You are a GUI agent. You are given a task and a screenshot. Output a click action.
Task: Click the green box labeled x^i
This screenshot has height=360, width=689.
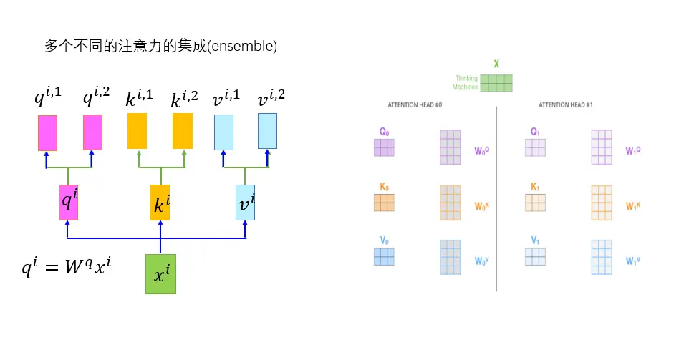[x=160, y=274]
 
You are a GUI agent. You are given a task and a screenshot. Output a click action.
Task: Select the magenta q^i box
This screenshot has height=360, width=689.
[x=68, y=203]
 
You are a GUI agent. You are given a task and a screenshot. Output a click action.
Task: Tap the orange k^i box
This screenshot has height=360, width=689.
[x=160, y=203]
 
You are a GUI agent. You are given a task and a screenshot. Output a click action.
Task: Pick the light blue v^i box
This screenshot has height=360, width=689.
[x=246, y=203]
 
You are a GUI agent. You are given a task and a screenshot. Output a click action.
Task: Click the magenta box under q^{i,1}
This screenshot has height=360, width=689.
[x=47, y=133]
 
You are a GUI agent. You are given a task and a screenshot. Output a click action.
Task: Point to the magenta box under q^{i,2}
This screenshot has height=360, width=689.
[x=93, y=133]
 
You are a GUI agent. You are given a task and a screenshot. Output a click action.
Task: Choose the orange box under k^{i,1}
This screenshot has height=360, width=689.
[x=138, y=131]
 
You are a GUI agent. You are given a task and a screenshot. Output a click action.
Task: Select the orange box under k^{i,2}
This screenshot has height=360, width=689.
[x=183, y=131]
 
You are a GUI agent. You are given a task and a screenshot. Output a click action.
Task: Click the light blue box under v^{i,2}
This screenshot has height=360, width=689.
[x=267, y=131]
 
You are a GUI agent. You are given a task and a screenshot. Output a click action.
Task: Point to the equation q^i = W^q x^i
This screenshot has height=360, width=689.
[x=67, y=269]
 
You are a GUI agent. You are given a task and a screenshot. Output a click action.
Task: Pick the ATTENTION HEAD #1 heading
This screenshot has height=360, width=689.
[x=566, y=105]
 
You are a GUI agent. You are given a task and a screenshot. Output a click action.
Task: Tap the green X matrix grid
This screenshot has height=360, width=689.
[x=496, y=83]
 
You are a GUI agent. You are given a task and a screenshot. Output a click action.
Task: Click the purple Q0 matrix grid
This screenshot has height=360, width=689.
[x=384, y=147]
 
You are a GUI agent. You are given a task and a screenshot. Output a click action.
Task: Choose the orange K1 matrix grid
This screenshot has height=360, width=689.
[x=535, y=203]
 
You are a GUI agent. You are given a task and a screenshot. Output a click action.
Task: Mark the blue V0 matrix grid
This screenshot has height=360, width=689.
[x=384, y=257]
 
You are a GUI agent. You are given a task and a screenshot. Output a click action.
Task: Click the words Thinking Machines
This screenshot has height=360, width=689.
[x=465, y=83]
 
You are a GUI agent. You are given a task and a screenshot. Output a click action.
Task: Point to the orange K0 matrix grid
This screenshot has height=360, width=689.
[x=384, y=203]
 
